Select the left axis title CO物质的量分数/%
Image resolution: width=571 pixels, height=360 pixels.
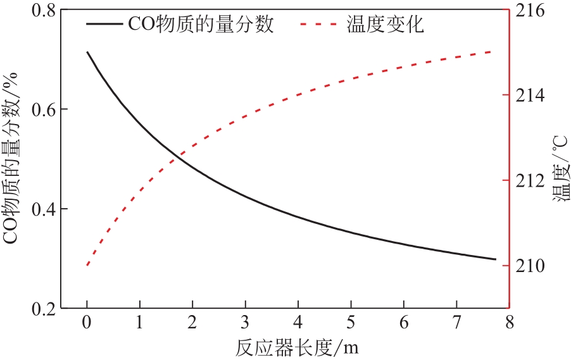click(x=14, y=158)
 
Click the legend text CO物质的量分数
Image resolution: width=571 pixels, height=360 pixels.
click(x=201, y=25)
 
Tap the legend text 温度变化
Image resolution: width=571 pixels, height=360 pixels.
click(x=385, y=25)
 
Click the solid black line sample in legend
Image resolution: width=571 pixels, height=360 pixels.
click(x=104, y=25)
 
